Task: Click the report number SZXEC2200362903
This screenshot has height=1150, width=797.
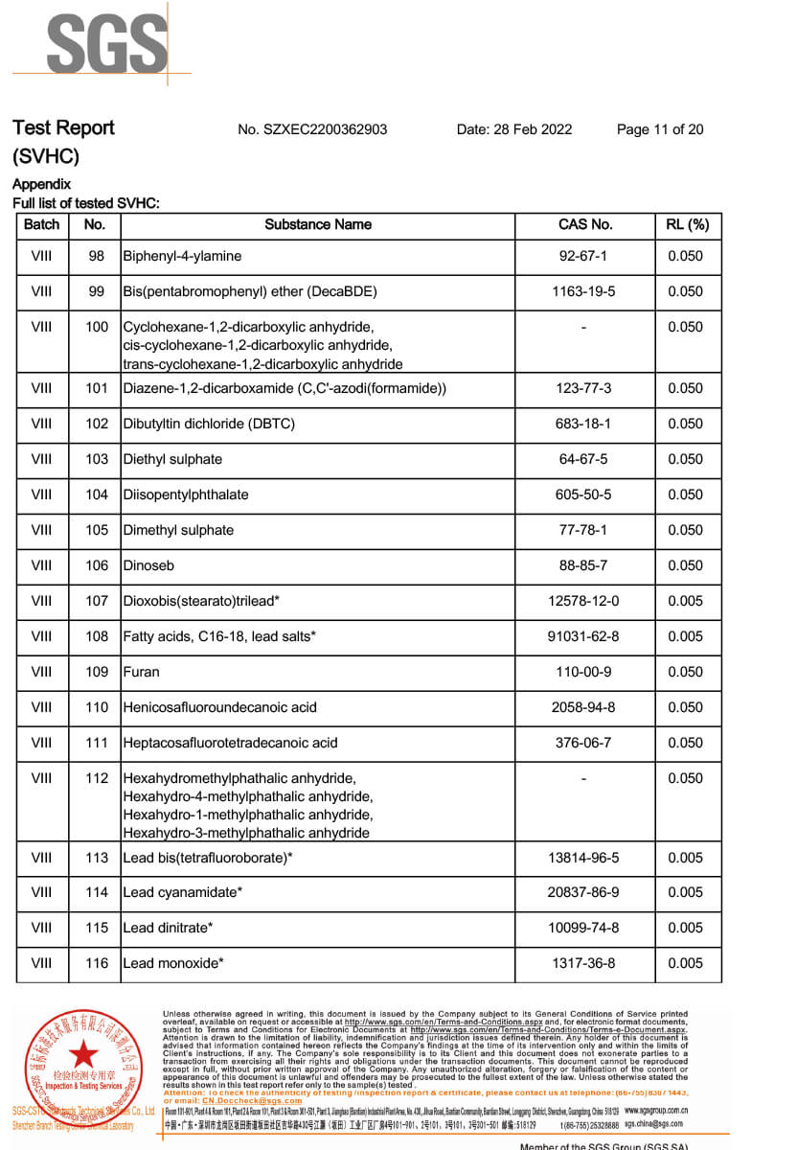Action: (x=312, y=129)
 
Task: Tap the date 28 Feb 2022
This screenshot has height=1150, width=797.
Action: (x=514, y=129)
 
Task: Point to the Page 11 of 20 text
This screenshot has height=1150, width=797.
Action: (x=660, y=129)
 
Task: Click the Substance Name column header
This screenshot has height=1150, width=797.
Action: (x=318, y=224)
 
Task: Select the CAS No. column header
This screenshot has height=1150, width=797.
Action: (x=584, y=224)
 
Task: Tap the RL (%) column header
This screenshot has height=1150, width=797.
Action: (x=687, y=224)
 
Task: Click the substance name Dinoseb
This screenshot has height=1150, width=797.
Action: (x=148, y=565)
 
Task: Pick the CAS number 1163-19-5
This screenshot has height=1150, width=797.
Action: (x=583, y=291)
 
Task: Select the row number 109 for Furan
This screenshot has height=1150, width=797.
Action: (x=97, y=672)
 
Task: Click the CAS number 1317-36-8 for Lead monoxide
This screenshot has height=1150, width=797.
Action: (x=583, y=963)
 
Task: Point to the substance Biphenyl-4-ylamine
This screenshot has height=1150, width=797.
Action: (x=182, y=256)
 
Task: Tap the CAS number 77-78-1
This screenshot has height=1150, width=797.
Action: (x=583, y=530)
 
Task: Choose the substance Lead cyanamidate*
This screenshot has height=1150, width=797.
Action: (x=182, y=892)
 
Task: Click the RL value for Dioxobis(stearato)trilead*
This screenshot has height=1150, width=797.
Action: (x=685, y=601)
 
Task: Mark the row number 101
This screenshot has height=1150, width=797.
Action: (x=97, y=388)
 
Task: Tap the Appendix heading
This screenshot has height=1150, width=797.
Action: (x=42, y=184)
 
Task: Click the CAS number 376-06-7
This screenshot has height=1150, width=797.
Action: (x=583, y=743)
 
